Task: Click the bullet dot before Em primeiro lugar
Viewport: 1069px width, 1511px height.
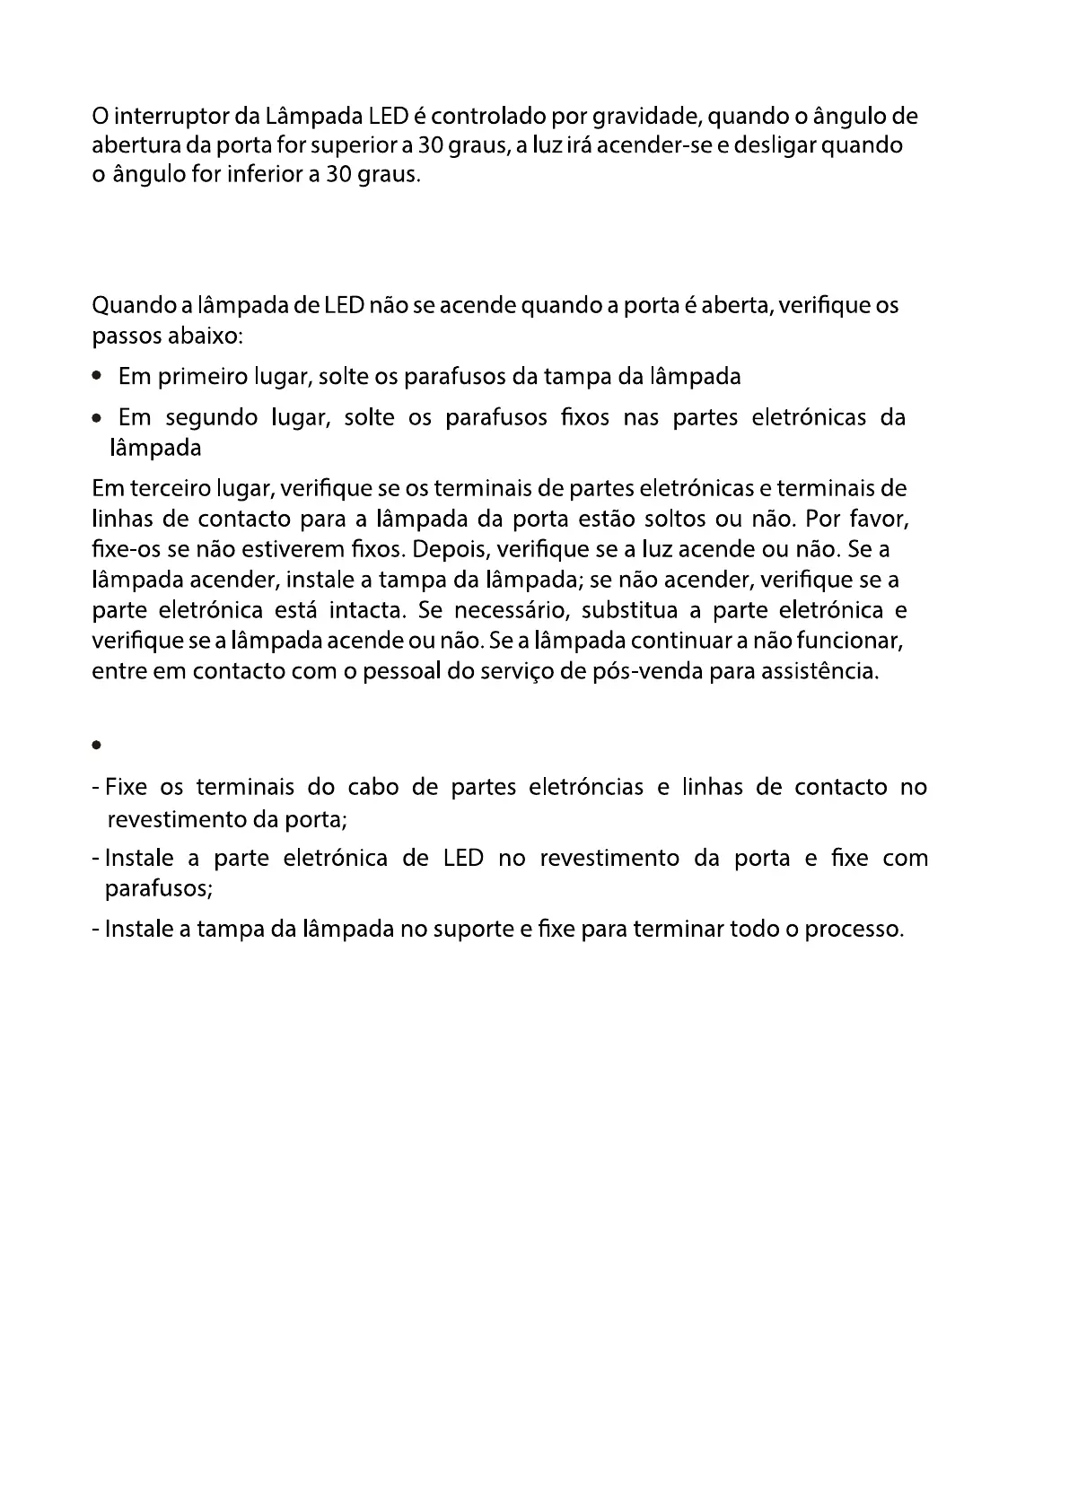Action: pyautogui.click(x=96, y=377)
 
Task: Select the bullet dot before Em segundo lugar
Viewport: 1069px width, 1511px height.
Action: pyautogui.click(x=96, y=418)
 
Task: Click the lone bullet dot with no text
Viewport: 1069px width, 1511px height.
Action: pyautogui.click(x=95, y=746)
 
